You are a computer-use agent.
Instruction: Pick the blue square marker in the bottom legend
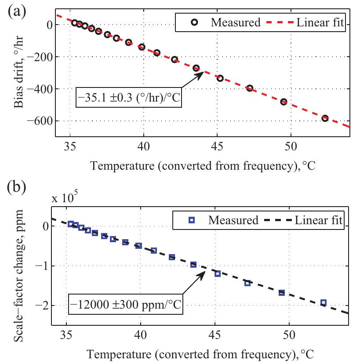pyautogui.click(x=191, y=220)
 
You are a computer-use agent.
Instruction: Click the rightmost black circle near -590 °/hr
pyautogui.click(x=325, y=118)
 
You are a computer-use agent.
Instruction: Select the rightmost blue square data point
pyautogui.click(x=324, y=302)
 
